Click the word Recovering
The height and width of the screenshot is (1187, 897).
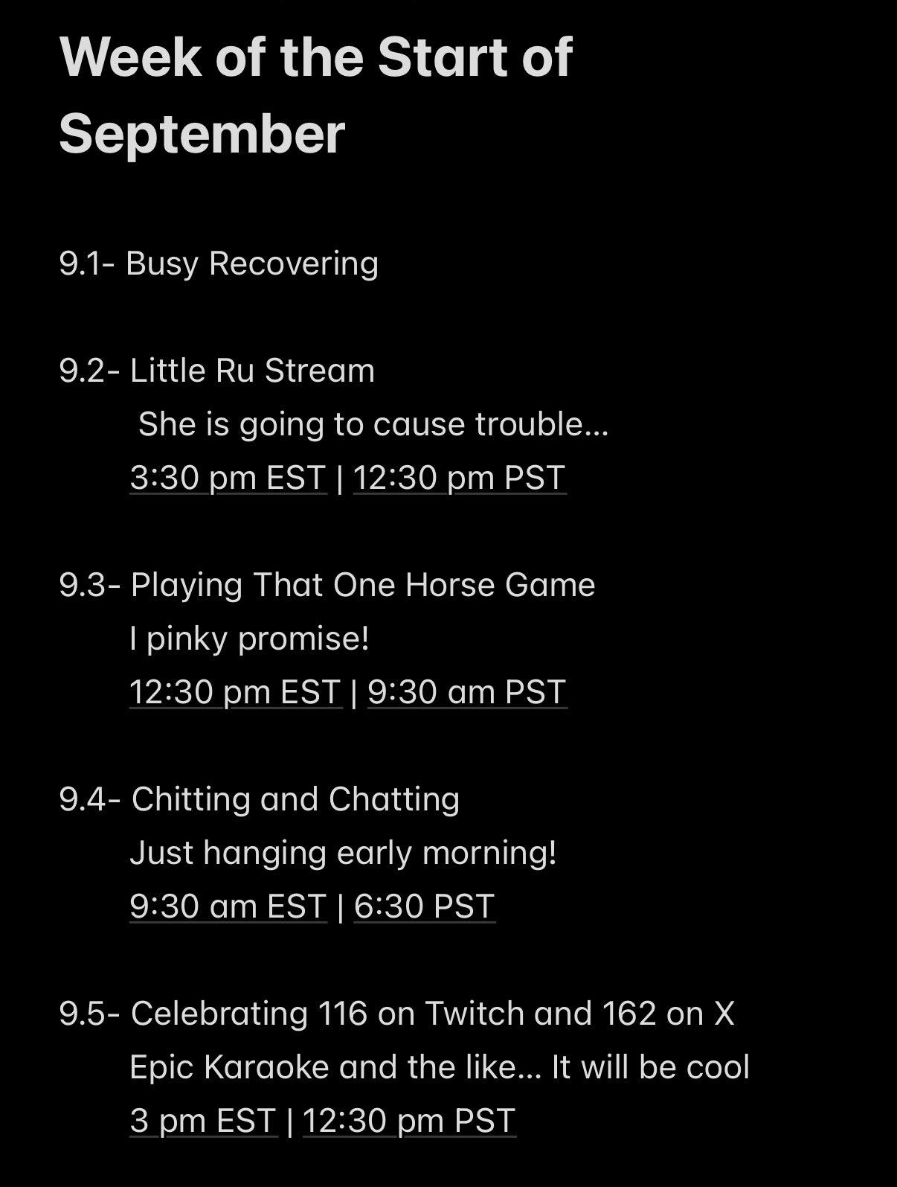click(293, 264)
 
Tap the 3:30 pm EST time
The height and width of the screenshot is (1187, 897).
click(228, 478)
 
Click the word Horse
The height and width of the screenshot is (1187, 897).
click(449, 585)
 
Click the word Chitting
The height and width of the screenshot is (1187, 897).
click(190, 800)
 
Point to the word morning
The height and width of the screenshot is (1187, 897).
click(489, 854)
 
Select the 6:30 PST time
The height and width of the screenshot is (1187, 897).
click(424, 906)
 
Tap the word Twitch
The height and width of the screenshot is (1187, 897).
click(475, 1013)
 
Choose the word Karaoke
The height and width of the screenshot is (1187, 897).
click(266, 1066)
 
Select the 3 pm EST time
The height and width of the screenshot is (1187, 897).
click(203, 1120)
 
